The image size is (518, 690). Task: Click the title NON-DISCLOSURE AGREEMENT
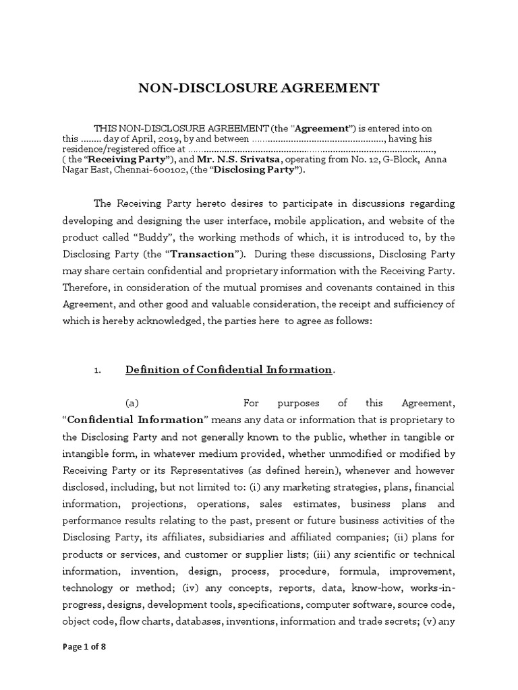coord(259,88)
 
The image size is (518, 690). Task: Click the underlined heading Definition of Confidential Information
coord(229,370)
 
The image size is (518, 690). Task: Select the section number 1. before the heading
coord(97,371)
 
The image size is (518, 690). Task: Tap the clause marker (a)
coord(132,403)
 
